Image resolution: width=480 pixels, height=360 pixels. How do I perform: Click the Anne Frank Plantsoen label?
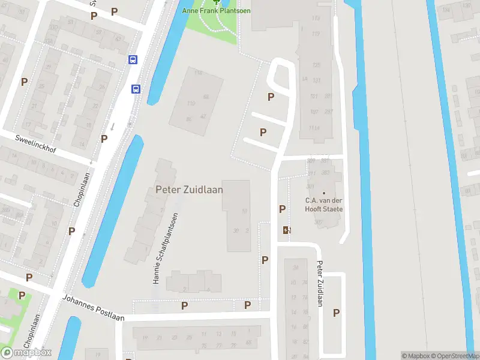point(216,10)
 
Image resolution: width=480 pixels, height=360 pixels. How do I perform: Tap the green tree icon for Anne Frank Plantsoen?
point(217,2)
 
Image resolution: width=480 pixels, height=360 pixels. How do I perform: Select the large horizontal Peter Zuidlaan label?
point(189,190)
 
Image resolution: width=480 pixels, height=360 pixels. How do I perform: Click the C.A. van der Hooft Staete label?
point(324,205)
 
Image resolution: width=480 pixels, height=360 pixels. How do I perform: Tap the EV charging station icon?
point(287,230)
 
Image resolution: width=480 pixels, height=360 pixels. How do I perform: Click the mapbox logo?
point(26,352)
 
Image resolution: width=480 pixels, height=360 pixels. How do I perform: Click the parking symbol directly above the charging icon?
point(282,209)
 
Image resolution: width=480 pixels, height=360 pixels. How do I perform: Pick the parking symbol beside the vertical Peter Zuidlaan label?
point(337,313)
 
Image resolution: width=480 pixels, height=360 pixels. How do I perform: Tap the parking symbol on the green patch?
point(22,295)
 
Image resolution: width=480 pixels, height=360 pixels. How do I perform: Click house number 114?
point(199,73)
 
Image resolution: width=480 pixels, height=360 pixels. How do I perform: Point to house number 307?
point(317,222)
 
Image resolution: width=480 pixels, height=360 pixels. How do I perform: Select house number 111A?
point(313,128)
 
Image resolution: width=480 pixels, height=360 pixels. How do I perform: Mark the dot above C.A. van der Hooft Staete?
point(324,193)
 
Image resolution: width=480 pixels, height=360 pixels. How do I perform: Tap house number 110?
point(191,104)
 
